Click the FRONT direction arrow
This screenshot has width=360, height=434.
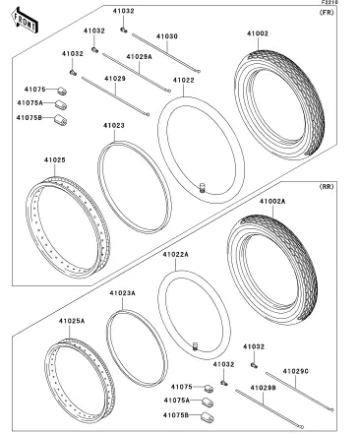click(x=25, y=21)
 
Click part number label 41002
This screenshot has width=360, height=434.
click(x=258, y=33)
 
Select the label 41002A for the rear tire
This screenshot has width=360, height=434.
click(x=272, y=202)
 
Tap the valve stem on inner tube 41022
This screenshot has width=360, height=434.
click(x=202, y=188)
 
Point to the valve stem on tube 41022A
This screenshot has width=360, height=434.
click(x=196, y=345)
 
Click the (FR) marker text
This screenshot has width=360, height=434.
click(x=327, y=13)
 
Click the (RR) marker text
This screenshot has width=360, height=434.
click(x=327, y=187)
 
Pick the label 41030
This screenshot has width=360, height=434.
click(x=167, y=36)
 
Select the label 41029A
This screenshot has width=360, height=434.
click(x=140, y=57)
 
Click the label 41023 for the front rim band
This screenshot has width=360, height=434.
click(x=114, y=125)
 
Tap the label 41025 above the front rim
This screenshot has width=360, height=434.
click(x=55, y=160)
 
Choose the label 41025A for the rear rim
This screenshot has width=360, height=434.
click(x=72, y=321)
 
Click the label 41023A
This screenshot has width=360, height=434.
click(x=122, y=293)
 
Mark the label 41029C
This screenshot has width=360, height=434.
click(x=296, y=371)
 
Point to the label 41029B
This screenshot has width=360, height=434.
click(x=263, y=388)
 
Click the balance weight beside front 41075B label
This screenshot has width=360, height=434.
click(x=60, y=120)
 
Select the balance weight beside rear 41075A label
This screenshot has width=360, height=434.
click(x=208, y=402)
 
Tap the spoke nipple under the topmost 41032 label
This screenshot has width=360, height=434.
click(x=123, y=31)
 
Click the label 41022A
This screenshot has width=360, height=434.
click(x=176, y=254)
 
